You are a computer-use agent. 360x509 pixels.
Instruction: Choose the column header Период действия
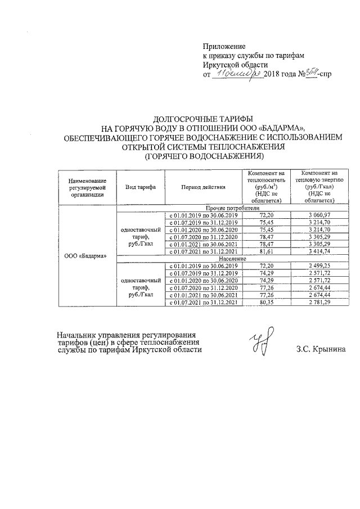click(203, 186)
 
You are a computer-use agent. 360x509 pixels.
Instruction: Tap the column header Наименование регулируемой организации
click(87, 186)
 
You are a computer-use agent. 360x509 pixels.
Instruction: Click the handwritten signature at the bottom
click(263, 342)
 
